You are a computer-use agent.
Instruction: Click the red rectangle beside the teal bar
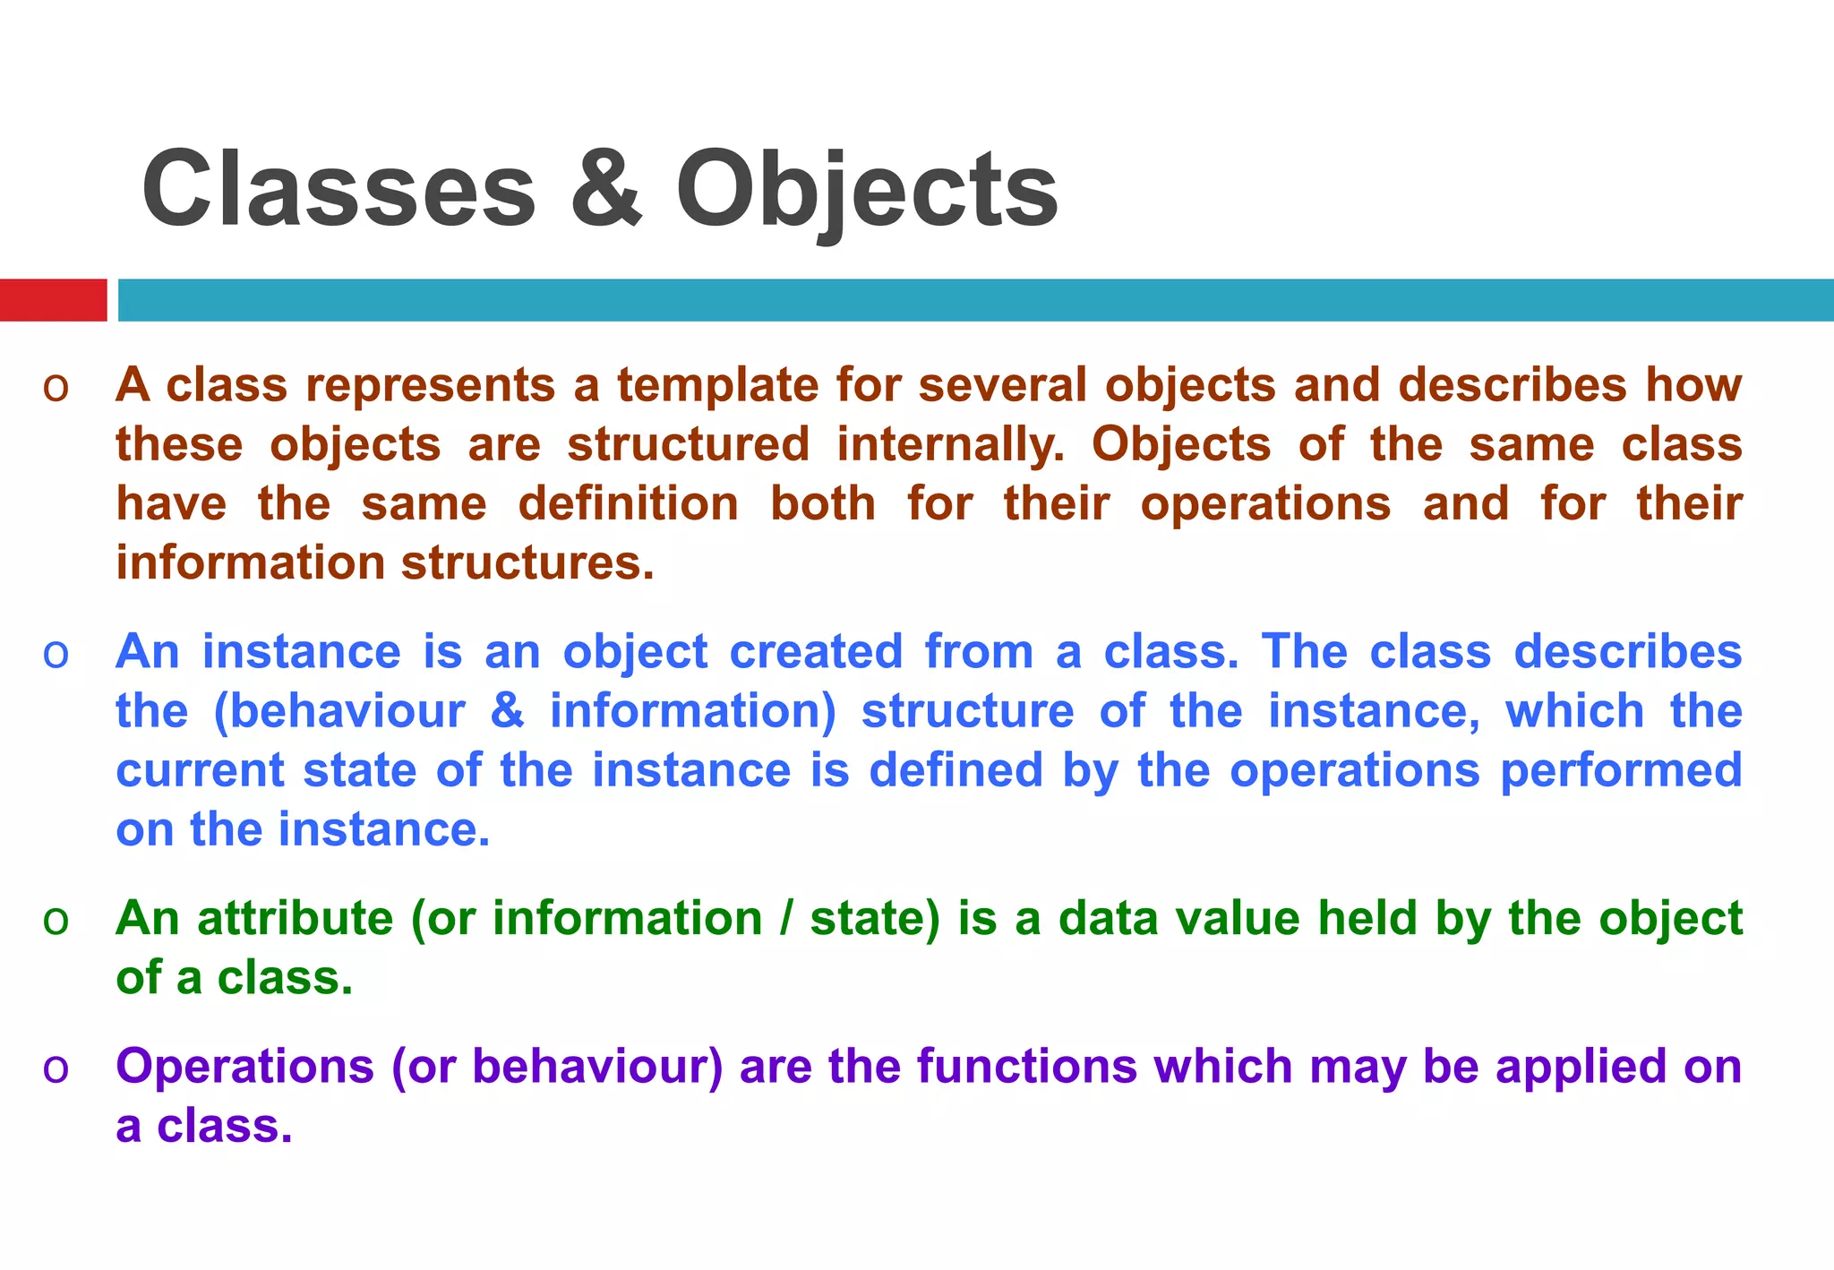[53, 300]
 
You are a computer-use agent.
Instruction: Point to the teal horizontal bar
[975, 300]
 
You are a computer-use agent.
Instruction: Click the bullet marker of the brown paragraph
[56, 388]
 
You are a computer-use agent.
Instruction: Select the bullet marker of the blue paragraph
[56, 655]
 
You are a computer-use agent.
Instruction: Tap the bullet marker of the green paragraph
[56, 921]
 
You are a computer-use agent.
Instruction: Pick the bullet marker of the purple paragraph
[56, 1068]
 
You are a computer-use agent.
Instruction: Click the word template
[717, 386]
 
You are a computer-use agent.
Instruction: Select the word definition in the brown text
[629, 503]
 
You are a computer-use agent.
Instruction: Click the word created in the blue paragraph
[816, 651]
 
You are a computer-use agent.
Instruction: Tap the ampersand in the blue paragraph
[507, 711]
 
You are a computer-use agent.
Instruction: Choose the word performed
[1621, 770]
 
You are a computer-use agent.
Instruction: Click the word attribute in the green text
[295, 918]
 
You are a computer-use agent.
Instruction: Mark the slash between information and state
[785, 919]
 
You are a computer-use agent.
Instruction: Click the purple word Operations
[244, 1066]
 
